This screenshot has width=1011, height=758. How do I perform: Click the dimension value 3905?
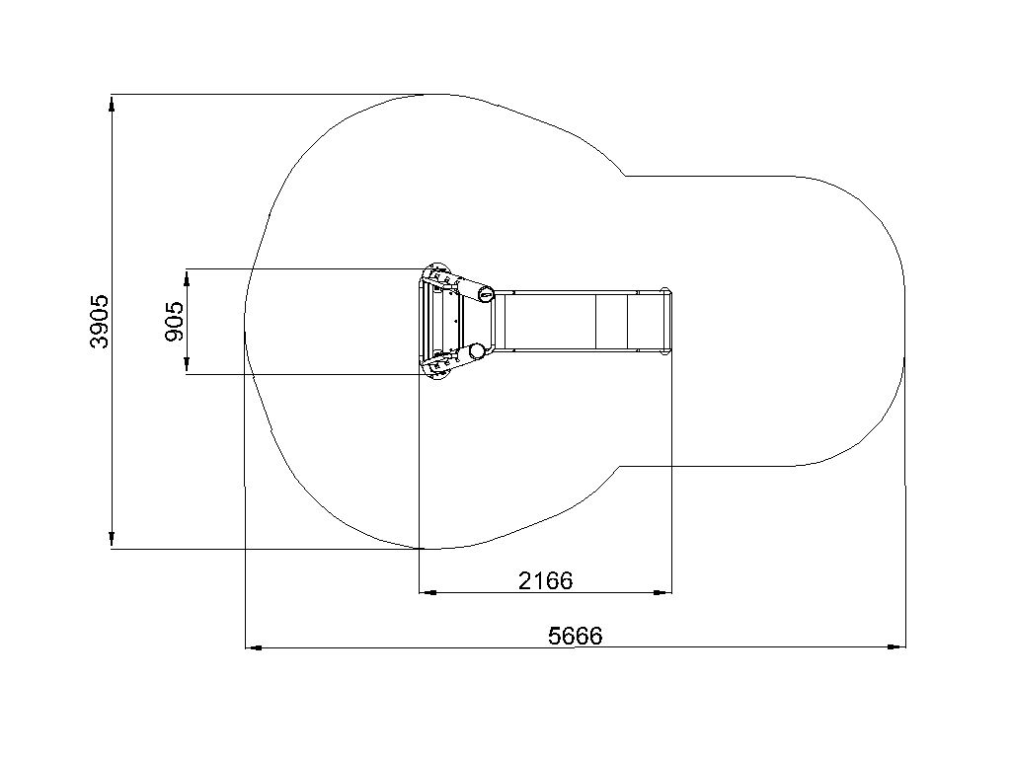(x=100, y=322)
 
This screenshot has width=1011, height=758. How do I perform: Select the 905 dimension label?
(x=175, y=322)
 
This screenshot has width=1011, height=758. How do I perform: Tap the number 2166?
(x=545, y=580)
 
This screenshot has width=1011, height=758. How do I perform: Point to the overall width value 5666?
(x=576, y=637)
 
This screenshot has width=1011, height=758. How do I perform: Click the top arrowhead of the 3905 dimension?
(x=112, y=104)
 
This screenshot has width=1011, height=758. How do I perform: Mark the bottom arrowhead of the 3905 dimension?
(x=112, y=540)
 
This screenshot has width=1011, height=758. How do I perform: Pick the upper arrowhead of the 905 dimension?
(x=187, y=277)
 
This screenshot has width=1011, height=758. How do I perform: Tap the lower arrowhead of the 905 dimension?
(x=187, y=365)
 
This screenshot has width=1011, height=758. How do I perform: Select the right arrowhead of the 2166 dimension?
(x=662, y=592)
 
